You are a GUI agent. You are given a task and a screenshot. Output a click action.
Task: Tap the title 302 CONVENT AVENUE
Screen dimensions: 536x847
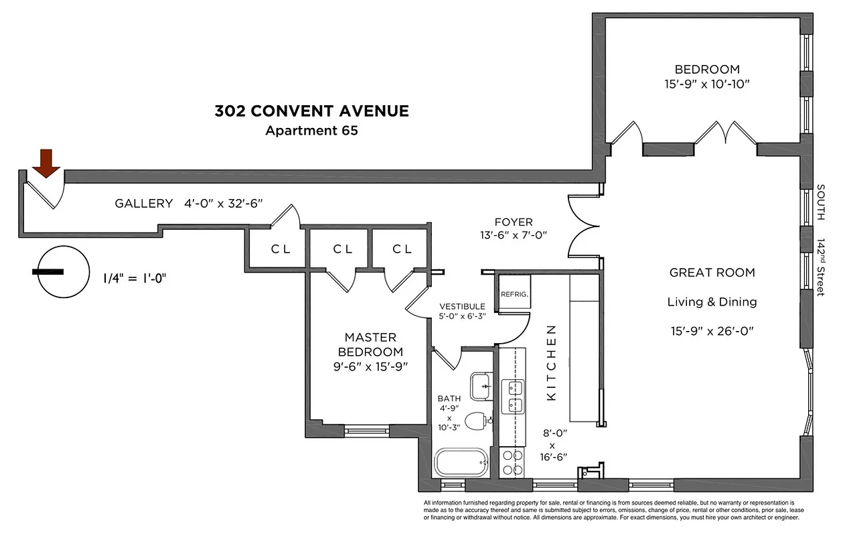point(311,111)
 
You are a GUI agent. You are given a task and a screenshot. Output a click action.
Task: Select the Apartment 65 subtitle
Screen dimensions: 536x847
point(311,131)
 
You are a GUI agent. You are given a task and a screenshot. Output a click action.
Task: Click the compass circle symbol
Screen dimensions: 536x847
point(63,272)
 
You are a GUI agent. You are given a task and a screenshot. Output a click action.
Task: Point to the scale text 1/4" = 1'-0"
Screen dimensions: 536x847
point(134,277)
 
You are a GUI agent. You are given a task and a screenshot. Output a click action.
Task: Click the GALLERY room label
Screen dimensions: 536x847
point(143,204)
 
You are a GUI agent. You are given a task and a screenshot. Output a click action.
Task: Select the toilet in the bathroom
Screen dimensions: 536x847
point(477,421)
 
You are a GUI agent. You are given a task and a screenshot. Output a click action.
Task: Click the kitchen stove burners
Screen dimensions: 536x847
point(513,462)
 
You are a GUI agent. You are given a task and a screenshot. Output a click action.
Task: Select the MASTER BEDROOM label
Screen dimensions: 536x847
point(370,344)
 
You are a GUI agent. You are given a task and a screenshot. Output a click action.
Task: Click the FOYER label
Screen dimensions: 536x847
point(514,222)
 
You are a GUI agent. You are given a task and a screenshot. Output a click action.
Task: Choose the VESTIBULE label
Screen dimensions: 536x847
point(462,306)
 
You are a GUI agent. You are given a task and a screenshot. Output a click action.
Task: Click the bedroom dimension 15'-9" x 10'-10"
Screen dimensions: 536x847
point(706,84)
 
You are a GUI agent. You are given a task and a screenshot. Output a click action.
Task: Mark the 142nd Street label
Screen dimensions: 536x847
point(822,267)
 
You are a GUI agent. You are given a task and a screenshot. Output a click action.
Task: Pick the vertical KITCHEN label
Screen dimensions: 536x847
point(552,362)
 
